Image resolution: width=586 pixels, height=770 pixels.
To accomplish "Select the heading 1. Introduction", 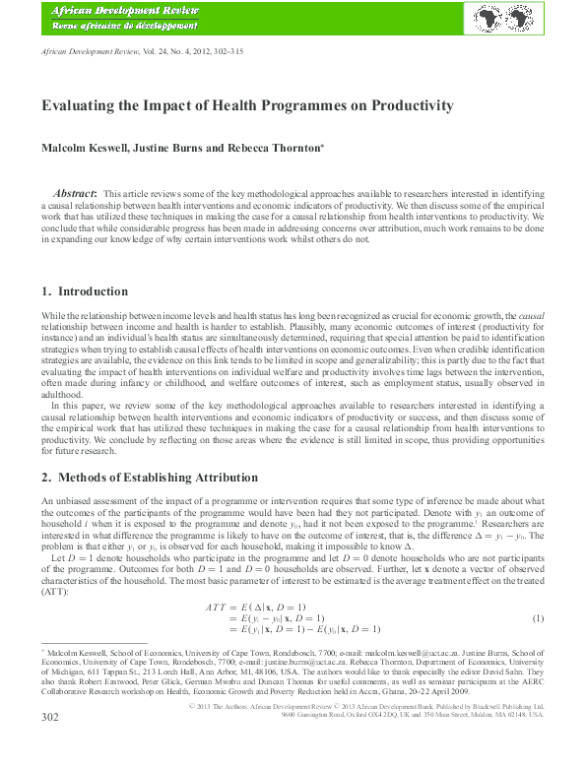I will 85,291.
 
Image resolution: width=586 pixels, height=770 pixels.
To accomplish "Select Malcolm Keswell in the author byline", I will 83,148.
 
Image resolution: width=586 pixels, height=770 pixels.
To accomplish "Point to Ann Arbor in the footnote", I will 253,674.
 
